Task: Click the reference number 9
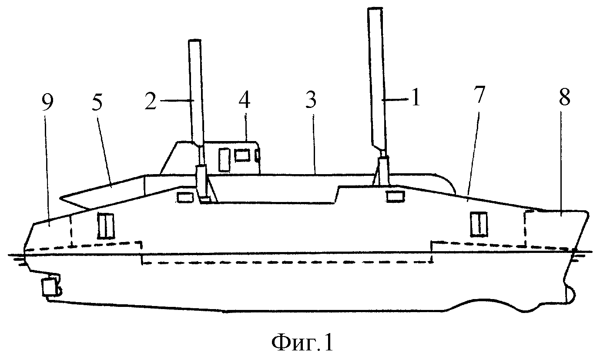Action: (48, 103)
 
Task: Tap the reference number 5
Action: (97, 102)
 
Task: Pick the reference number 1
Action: (415, 98)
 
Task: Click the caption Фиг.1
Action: (302, 343)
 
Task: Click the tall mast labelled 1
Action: (376, 81)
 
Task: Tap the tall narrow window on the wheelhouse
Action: (225, 160)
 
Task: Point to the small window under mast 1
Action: (396, 196)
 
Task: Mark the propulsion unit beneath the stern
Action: (50, 287)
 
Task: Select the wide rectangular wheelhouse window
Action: (242, 156)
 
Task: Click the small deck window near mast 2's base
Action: (185, 198)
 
